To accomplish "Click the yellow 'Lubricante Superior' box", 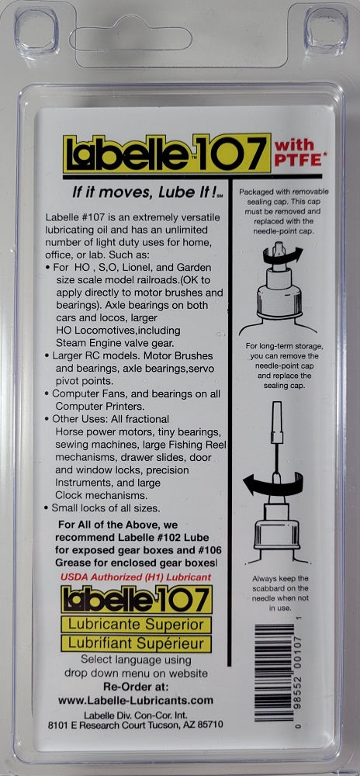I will point(137,624).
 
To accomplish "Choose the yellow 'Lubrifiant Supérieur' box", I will point(137,643).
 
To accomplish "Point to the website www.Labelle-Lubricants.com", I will point(136,701).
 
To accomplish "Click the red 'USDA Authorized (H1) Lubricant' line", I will point(135,577).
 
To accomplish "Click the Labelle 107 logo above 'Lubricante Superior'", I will point(137,598).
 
